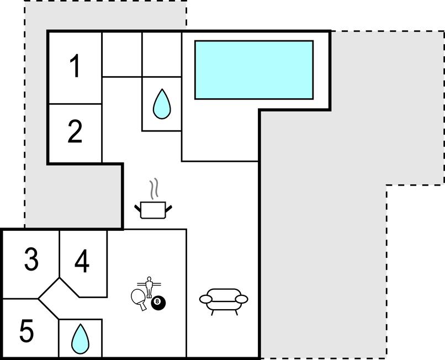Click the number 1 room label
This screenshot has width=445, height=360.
(75, 66)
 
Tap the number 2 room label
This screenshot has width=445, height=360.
(75, 131)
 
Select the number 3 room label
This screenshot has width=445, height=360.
(31, 259)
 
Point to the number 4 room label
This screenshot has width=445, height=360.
(82, 261)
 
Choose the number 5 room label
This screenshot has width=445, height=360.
(27, 331)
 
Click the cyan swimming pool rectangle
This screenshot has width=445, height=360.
(254, 70)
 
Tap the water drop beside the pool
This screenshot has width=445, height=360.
(162, 104)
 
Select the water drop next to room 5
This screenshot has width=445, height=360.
(80, 339)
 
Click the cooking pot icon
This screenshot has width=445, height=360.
(153, 210)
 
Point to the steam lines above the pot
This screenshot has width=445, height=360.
(154, 188)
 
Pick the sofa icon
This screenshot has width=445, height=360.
(224, 301)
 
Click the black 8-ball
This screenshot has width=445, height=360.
(158, 303)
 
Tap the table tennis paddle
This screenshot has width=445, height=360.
(139, 299)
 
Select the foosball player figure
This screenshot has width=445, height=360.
(149, 287)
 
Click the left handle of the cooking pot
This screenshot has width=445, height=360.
(137, 208)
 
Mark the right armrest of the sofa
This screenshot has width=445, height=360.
(242, 299)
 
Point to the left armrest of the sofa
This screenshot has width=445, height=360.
(206, 299)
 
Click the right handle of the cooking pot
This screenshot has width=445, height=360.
(168, 209)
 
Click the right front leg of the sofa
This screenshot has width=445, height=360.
(236, 313)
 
